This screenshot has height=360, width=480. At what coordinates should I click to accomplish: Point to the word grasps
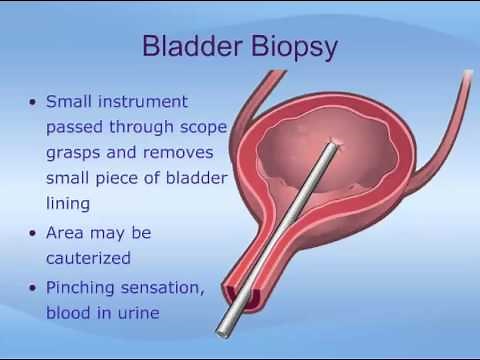[75, 153]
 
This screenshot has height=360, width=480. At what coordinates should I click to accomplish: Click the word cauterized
[89, 257]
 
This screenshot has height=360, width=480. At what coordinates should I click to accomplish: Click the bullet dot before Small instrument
[35, 103]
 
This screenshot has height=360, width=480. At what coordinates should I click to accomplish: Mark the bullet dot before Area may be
[35, 233]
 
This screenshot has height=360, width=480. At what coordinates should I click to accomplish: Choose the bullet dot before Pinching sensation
[35, 288]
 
